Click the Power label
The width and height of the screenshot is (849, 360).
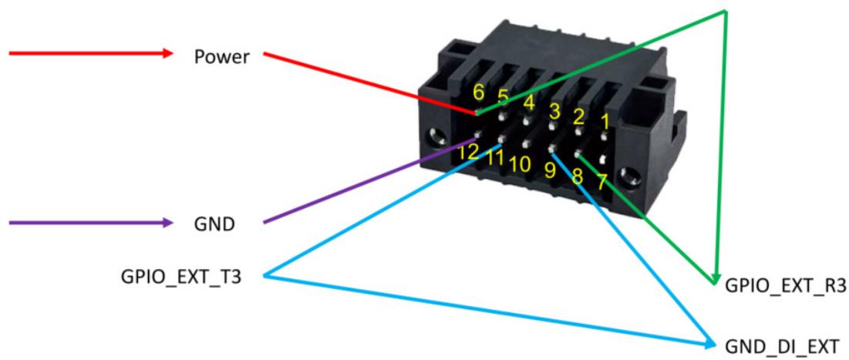tap(222, 57)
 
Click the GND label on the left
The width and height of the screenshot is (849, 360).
tap(214, 224)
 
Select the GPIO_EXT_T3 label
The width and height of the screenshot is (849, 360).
tap(181, 278)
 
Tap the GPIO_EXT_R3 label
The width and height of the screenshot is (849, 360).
tap(786, 286)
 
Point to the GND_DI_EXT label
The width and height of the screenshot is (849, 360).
tap(782, 345)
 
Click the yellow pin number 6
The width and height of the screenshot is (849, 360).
tap(479, 92)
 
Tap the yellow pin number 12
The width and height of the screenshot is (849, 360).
tap(468, 152)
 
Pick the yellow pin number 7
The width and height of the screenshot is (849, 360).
tap(601, 182)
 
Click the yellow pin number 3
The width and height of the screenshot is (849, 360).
tap(554, 112)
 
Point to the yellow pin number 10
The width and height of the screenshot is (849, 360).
tap(519, 164)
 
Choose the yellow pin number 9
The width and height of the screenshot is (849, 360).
tap(550, 170)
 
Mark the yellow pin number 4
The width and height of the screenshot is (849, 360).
tap(529, 102)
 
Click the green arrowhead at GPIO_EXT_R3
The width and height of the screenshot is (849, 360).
tap(716, 278)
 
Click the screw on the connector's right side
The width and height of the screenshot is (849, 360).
tap(630, 176)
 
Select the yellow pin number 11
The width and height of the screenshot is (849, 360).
tap(494, 157)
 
